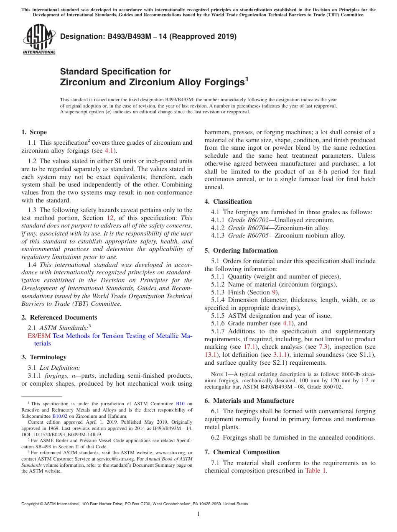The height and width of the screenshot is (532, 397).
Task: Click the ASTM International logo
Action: [39, 40]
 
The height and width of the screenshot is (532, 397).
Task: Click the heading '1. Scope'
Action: [34, 132]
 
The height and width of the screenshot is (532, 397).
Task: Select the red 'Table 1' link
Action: [316, 471]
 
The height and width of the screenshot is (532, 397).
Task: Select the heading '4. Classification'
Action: [228, 202]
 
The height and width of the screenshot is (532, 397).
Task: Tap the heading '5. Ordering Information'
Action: [241, 251]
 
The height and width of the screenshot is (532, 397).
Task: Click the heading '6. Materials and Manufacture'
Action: [249, 401]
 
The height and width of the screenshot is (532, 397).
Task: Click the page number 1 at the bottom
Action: [198, 514]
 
